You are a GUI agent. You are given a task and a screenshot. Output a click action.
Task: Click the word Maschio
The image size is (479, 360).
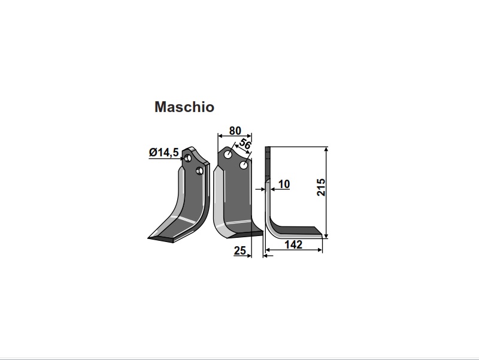point(184,107)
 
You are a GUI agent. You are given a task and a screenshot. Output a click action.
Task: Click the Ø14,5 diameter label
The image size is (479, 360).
point(163,152)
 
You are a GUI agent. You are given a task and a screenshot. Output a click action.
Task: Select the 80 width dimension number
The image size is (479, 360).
point(235,131)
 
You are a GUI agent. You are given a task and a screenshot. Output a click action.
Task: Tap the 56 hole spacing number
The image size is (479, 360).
point(245,144)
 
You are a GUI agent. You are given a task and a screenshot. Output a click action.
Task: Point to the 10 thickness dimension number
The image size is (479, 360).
point(284,184)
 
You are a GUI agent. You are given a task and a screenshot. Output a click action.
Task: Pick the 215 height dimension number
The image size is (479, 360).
point(321,187)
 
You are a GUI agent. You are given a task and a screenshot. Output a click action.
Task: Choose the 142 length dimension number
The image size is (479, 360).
point(293,244)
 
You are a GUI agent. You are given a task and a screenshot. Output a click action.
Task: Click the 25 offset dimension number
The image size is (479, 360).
point(240,250)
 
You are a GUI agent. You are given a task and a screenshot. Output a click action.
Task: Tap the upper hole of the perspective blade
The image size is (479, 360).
point(188,158)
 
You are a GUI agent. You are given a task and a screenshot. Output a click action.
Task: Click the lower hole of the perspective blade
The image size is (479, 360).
point(199,171)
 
